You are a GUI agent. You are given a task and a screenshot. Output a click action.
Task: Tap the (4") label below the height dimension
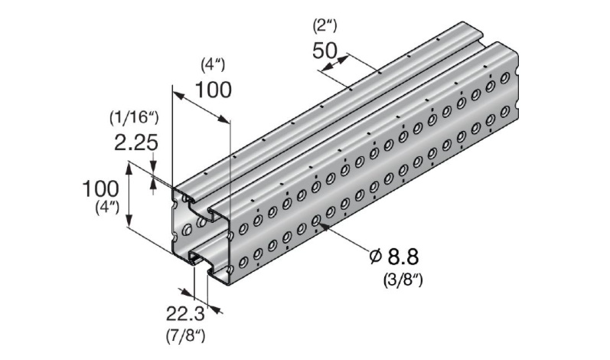pos(102,207)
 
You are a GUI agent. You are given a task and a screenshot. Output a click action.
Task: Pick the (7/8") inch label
pos(185,335)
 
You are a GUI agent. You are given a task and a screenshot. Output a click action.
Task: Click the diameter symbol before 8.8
pos(375,257)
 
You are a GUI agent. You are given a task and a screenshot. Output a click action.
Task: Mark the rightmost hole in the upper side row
pos(504,77)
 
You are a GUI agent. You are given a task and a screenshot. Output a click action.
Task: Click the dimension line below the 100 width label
pos(200,106)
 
